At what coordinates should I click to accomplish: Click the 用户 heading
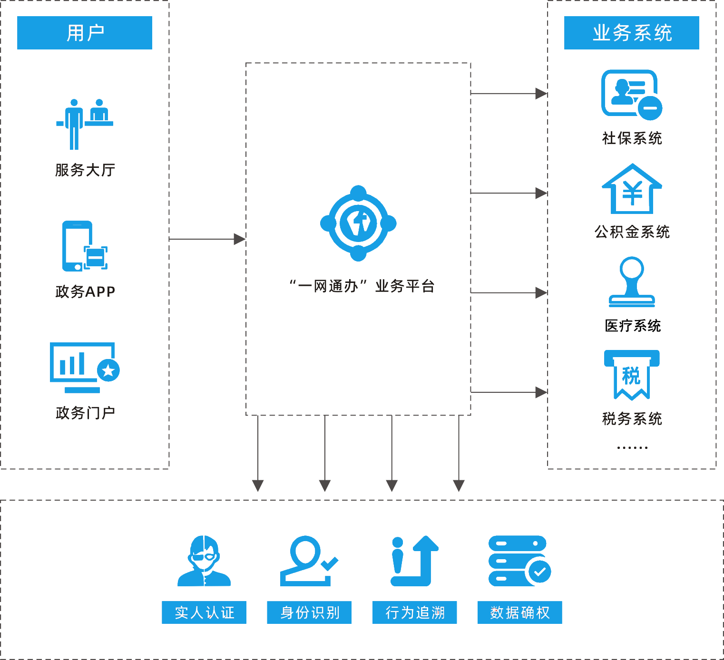tap(86, 33)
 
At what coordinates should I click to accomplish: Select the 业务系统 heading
tap(632, 33)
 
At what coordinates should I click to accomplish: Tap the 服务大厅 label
tap(85, 170)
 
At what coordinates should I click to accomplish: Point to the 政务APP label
tap(86, 291)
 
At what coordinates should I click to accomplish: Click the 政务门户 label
tap(86, 413)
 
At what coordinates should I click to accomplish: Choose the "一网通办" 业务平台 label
tap(362, 286)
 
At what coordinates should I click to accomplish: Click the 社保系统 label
tap(632, 138)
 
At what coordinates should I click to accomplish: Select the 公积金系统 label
tap(632, 232)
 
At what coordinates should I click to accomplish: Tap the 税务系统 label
tap(632, 419)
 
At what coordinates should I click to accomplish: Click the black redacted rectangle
tap(633, 326)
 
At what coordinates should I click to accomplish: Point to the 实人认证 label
tap(205, 612)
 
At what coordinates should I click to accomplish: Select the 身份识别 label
tap(310, 612)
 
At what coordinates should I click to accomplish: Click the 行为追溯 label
tap(415, 612)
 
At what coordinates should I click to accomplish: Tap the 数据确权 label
tap(520, 612)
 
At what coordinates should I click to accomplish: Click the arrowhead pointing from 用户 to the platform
tap(240, 239)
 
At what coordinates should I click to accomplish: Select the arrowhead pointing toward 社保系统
tap(541, 94)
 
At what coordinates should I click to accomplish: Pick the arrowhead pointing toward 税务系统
tap(541, 392)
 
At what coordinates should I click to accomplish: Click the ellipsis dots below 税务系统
tap(632, 447)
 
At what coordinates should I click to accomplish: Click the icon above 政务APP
tap(86, 247)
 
